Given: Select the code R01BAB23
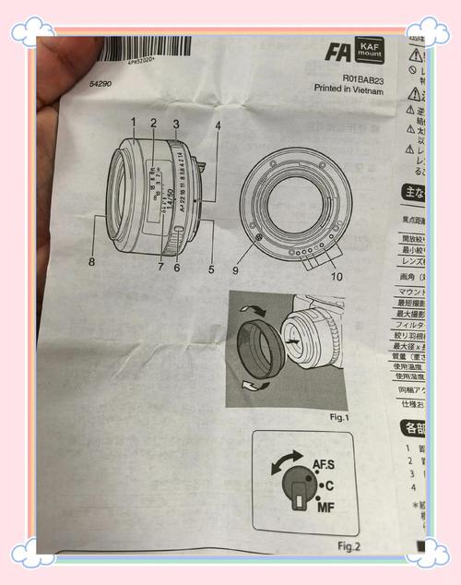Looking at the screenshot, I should point(361,78).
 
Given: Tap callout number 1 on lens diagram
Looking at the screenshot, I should point(133,122).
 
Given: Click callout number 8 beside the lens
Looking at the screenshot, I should point(91,262).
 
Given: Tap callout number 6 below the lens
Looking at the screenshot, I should point(177,269).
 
